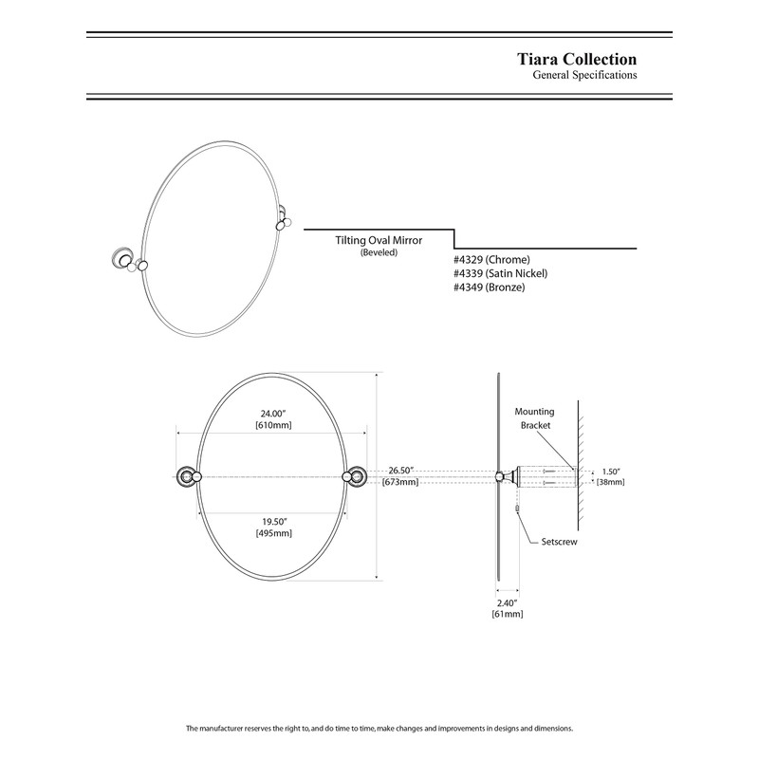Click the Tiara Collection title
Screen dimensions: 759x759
click(x=576, y=59)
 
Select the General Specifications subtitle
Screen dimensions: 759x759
click(x=584, y=75)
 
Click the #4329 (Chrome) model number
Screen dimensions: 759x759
click(x=491, y=260)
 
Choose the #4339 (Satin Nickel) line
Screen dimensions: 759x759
click(x=501, y=273)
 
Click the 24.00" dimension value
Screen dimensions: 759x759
click(x=273, y=413)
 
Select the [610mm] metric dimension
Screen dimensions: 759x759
click(x=273, y=426)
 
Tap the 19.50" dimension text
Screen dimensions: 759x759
click(x=273, y=521)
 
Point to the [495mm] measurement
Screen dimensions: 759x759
click(x=273, y=534)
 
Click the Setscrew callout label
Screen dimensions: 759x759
click(x=560, y=542)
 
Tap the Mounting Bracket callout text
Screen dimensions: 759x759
click(x=534, y=419)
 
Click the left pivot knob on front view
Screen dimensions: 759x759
click(x=187, y=476)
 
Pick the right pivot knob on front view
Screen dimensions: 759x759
click(x=360, y=476)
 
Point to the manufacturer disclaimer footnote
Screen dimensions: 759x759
click(x=379, y=729)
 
